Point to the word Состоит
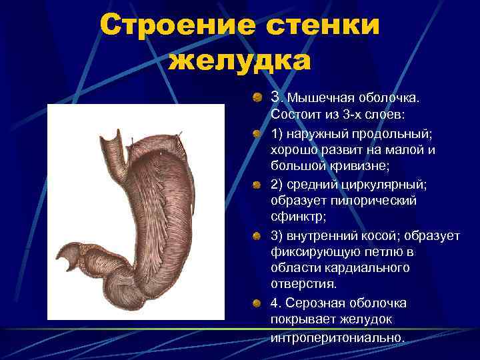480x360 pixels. pos(294,115)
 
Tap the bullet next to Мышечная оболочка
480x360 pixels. pos(257,98)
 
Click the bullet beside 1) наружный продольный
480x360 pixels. pos(257,133)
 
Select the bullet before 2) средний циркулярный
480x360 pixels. pos(257,184)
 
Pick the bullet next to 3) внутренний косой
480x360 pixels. pos(257,235)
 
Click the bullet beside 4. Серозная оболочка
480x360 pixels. pos(257,304)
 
